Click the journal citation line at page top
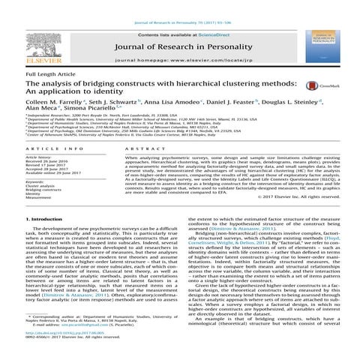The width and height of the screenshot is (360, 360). click(180, 5)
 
